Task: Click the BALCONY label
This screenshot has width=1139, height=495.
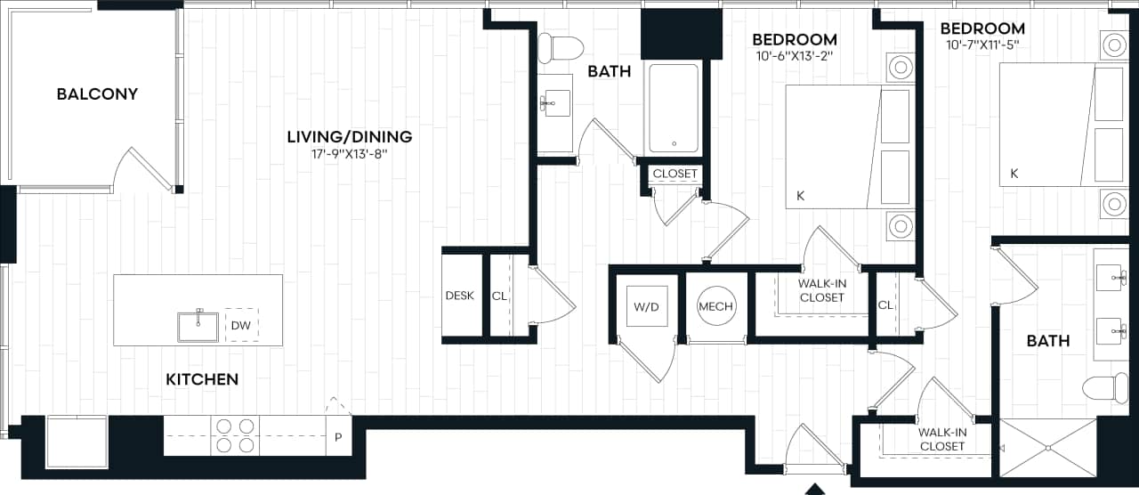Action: coord(97,93)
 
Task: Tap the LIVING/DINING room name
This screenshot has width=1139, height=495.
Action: coord(349,136)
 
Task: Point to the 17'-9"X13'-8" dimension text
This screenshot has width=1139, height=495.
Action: coord(349,153)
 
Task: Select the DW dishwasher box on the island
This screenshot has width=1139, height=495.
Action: coord(241,326)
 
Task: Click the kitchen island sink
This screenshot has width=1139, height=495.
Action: coord(198,326)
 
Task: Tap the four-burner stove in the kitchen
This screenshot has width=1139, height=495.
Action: coord(235,435)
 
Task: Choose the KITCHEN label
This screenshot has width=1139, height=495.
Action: coord(202,379)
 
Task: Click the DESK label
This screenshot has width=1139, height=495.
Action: coord(459,296)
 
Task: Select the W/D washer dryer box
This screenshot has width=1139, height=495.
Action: coord(645,306)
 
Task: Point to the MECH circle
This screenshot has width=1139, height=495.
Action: coord(715,306)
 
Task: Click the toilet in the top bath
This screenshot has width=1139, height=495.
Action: coord(560,46)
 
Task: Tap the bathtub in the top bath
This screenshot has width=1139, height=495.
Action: coord(673,109)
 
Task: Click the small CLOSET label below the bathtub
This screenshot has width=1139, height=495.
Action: coord(675,173)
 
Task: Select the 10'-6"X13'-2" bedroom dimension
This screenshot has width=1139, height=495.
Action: coord(794,55)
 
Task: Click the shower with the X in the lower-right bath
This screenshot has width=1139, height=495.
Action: coord(1048,446)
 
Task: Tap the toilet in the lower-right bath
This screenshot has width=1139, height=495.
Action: coord(1105,388)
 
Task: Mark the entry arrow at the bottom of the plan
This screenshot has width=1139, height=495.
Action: coord(813,488)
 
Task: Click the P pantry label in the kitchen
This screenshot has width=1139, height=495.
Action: coord(338,437)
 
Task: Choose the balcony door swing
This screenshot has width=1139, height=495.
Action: coord(142,169)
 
